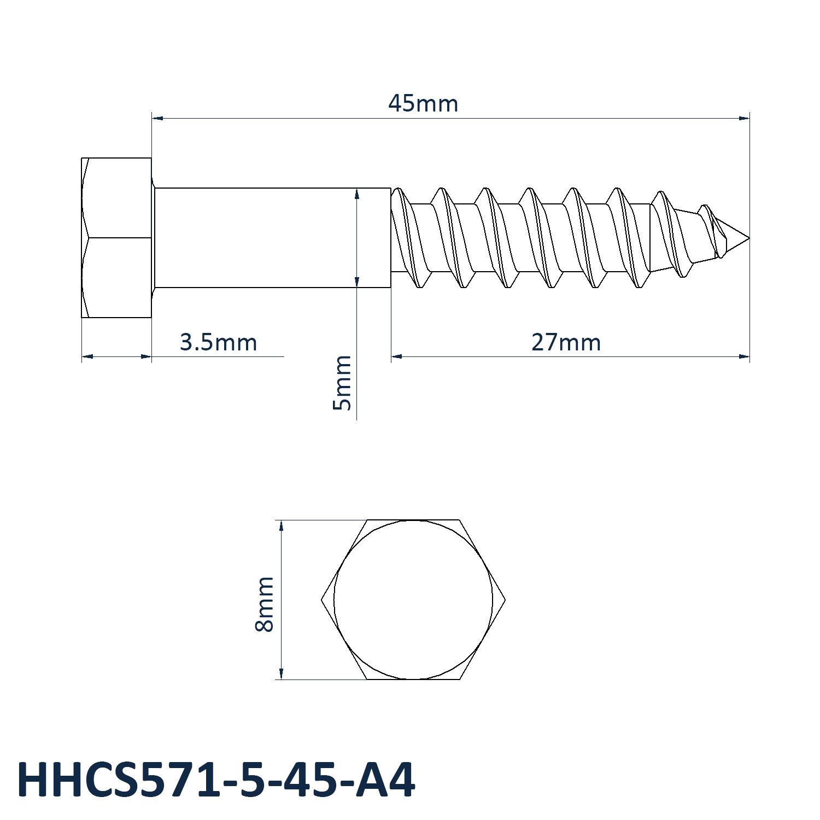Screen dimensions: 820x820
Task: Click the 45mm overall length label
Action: point(423,103)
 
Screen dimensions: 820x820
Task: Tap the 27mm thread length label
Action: point(566,343)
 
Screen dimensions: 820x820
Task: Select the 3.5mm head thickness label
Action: point(218,343)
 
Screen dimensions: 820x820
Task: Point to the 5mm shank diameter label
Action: point(342,383)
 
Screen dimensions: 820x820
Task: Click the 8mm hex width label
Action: point(265,604)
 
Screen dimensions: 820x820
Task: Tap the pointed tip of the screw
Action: point(748,238)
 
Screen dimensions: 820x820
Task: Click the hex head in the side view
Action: point(116,238)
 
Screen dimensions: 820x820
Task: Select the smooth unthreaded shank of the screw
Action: point(272,238)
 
